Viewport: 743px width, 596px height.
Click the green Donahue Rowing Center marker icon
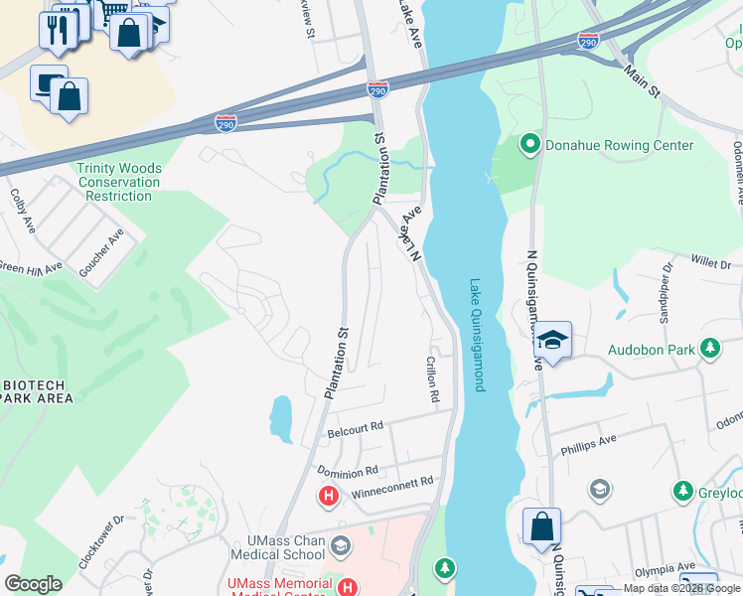529,145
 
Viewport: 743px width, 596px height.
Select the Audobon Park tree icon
709,349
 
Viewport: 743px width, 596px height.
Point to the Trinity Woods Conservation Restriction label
118,182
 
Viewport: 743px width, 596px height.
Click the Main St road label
642,79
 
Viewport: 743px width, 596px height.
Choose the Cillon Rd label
432,378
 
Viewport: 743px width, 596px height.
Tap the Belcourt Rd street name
355,428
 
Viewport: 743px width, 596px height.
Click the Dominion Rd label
348,471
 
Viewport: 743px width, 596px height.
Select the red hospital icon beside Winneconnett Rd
326,494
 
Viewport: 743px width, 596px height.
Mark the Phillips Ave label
588,438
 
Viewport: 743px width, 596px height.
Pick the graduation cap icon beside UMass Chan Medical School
341,545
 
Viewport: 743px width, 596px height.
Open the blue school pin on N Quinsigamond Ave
552,341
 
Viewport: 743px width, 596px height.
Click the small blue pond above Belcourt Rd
281,418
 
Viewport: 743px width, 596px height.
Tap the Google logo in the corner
33,584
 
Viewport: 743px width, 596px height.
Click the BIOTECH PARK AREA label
38,391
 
